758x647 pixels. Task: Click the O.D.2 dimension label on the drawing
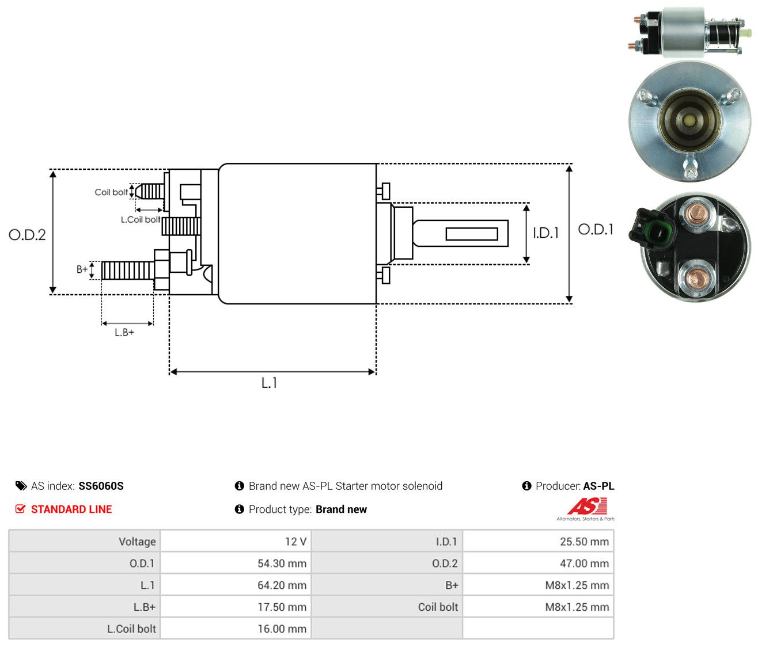(x=27, y=235)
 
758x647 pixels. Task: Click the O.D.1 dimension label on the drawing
(x=596, y=230)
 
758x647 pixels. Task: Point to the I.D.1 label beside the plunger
(x=545, y=233)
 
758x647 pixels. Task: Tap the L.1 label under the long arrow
(x=269, y=383)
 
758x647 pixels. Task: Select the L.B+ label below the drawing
(x=124, y=333)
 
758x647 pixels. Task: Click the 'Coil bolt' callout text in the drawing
(x=111, y=192)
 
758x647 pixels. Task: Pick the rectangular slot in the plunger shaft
(x=472, y=234)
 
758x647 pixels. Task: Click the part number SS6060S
(x=101, y=486)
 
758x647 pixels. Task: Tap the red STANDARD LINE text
(x=71, y=509)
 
